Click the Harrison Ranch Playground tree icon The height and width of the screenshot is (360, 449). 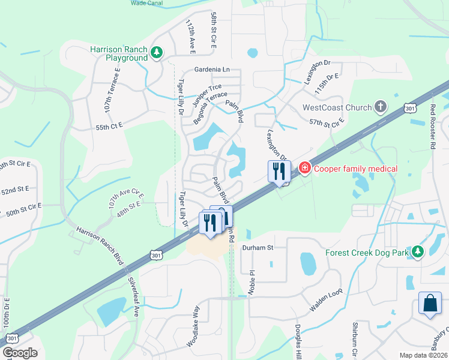(157, 53)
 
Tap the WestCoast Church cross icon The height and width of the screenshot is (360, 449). (379, 108)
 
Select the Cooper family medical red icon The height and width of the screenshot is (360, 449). (305, 168)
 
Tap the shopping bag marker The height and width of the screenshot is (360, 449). (431, 304)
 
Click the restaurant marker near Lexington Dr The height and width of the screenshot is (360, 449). (279, 172)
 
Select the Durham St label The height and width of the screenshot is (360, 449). (258, 247)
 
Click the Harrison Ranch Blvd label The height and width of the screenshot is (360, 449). (100, 247)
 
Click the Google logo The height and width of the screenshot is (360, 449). (20, 353)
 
